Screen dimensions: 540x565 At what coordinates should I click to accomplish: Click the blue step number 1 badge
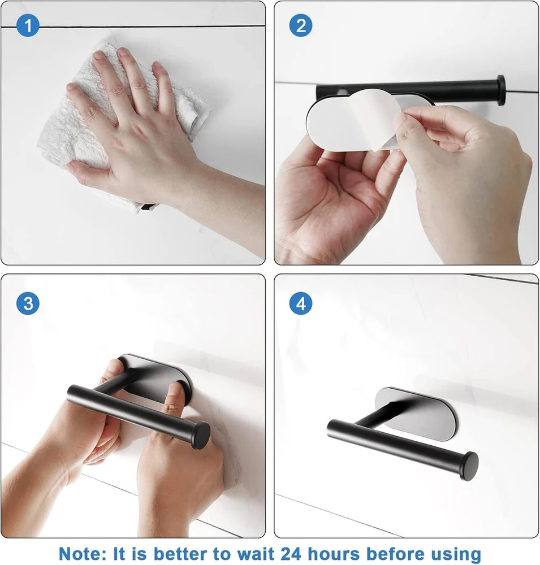coord(28,25)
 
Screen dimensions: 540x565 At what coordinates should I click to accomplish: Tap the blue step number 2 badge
coord(301,25)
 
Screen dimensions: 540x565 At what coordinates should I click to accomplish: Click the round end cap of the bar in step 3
coord(201,435)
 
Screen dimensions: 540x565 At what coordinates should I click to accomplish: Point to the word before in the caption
coord(395,554)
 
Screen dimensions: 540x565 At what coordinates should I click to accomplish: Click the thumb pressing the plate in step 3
coord(174,397)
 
